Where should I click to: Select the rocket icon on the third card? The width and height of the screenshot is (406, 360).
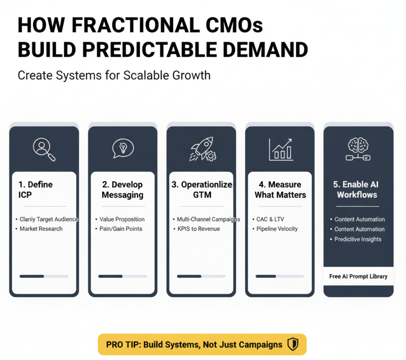(x=203, y=149)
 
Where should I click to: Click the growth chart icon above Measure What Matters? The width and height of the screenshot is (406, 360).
(x=281, y=150)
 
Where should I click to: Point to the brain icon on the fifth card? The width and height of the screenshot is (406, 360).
(x=358, y=149)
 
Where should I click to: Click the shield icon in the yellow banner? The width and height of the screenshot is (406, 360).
(x=293, y=344)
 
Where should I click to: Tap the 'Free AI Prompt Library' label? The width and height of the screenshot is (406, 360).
(x=358, y=276)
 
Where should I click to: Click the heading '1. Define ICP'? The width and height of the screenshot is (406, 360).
(x=35, y=190)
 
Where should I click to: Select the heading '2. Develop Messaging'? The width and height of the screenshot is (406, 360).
(x=122, y=190)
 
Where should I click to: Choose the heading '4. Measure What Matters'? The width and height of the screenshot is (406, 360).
(x=280, y=190)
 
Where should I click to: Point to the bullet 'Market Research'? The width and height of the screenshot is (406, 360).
(x=41, y=229)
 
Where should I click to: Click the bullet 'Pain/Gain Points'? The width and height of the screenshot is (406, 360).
(x=121, y=229)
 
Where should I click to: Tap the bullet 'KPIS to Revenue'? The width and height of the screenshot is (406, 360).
(x=199, y=229)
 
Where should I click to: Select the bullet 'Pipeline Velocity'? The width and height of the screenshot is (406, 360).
(x=277, y=229)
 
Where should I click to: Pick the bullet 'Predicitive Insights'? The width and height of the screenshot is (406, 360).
(x=358, y=239)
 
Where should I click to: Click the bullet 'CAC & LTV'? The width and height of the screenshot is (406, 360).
(x=270, y=219)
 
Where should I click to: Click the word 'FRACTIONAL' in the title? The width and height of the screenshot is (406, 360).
(x=136, y=25)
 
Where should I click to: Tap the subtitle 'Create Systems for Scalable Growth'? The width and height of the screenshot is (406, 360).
(x=114, y=76)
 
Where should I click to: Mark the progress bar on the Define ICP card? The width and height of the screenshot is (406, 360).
(x=44, y=276)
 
